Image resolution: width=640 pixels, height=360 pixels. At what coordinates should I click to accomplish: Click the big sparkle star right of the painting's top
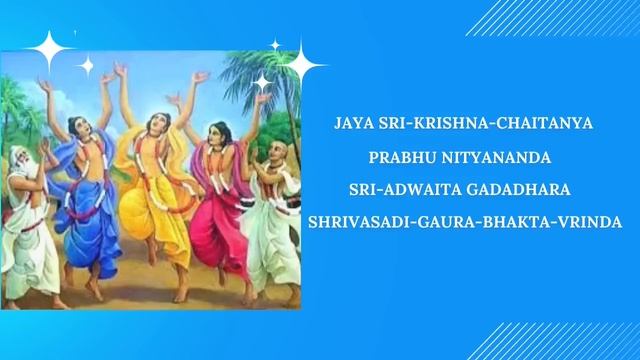point(300,67)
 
